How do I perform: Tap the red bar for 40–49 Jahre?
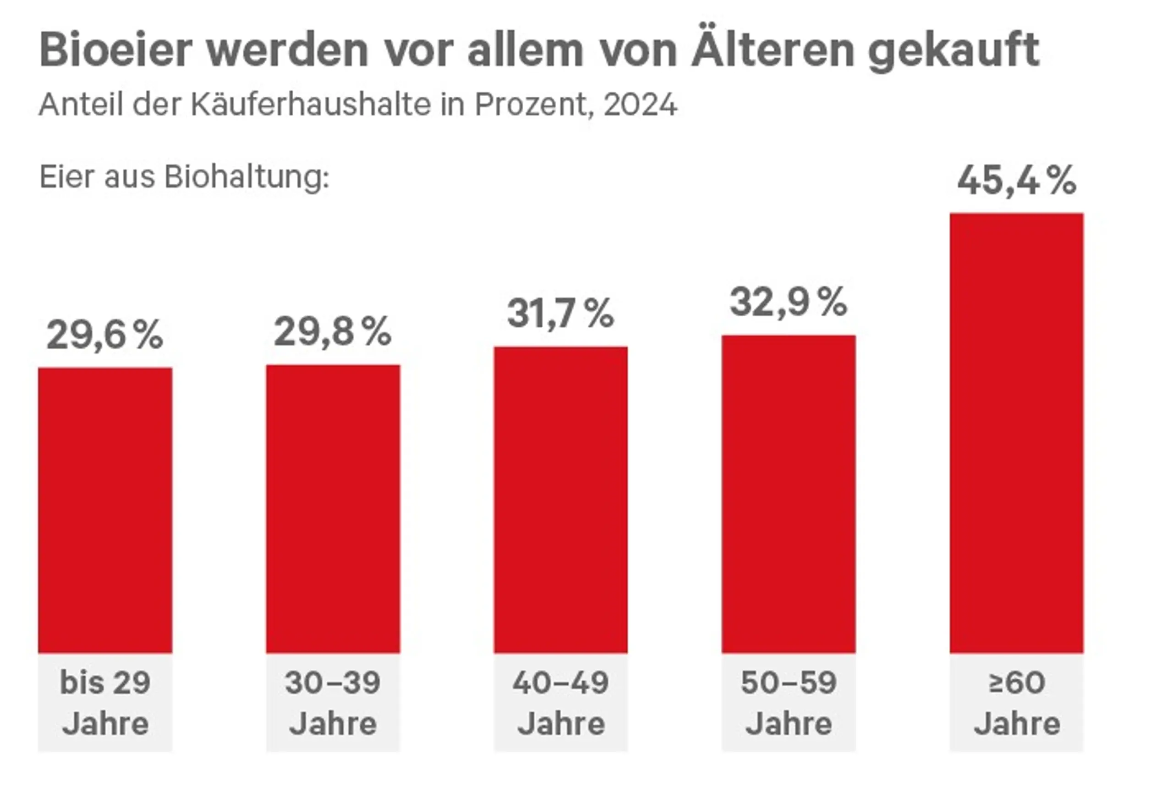tap(560, 500)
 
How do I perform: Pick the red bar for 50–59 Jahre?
tap(788, 494)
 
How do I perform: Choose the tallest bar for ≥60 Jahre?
tap(1016, 433)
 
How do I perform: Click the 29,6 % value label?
tap(105, 335)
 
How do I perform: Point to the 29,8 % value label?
tap(332, 332)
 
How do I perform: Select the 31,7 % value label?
tap(560, 314)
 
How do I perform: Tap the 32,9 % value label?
tap(788, 303)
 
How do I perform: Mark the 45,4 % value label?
tap(1016, 180)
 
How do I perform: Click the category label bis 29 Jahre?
tap(105, 703)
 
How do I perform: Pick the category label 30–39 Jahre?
tap(333, 703)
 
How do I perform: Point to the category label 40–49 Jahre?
tap(560, 703)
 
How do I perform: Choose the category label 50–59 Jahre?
tap(788, 703)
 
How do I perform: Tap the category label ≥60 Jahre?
tap(1016, 703)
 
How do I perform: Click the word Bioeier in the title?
tap(116, 50)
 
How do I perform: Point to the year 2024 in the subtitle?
tap(640, 105)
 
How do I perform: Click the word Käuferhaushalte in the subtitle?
tap(311, 105)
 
